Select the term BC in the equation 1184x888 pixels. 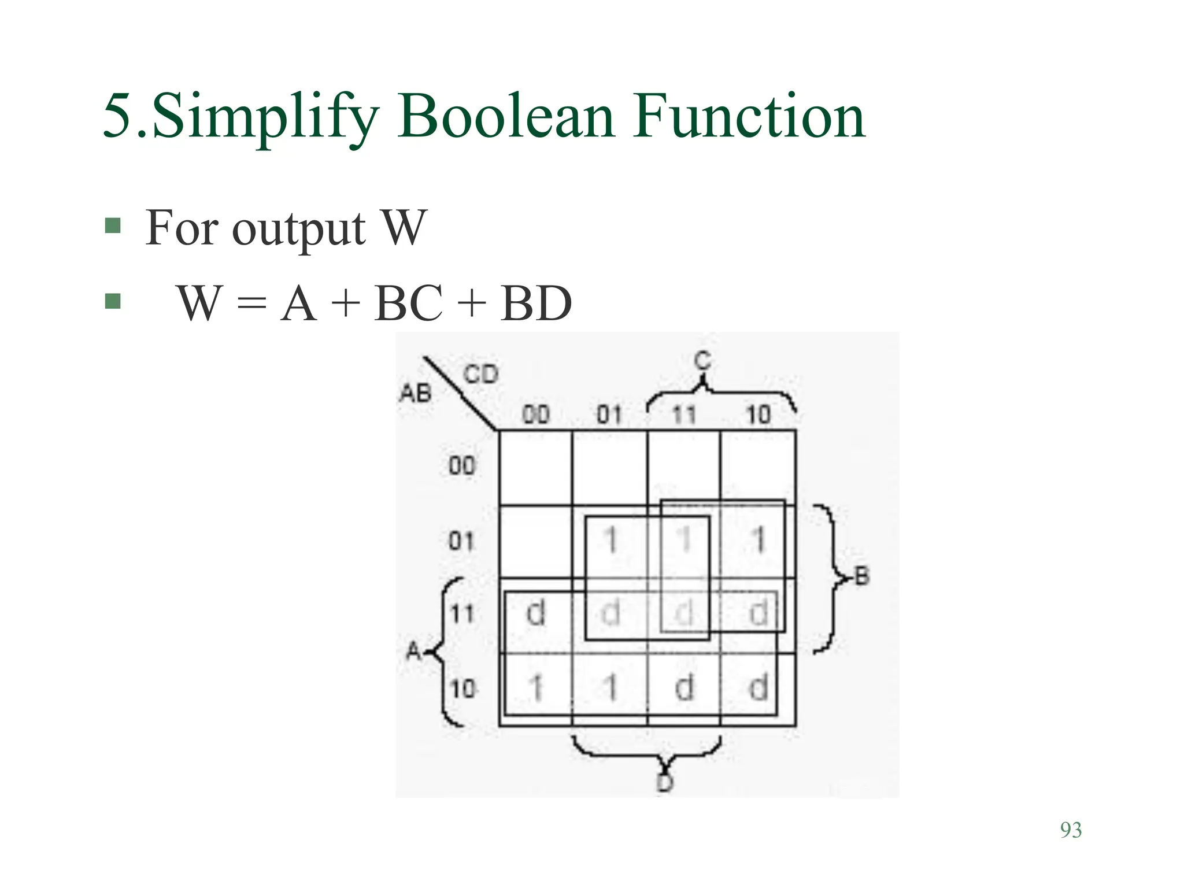point(408,303)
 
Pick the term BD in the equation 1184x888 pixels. point(536,303)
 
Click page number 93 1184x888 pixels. point(1071,830)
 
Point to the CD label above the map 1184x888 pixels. point(481,375)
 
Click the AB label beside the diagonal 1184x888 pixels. point(416,394)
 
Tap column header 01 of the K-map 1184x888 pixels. point(609,415)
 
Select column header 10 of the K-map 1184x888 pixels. point(758,415)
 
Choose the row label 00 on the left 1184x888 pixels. point(461,465)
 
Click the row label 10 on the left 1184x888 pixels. point(462,689)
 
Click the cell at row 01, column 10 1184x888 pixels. point(758,541)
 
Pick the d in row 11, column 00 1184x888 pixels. point(536,613)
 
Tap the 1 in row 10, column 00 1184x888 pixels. point(536,688)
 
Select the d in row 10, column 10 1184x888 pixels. point(758,688)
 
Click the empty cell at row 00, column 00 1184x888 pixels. point(535,467)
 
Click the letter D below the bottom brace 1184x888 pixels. point(665,783)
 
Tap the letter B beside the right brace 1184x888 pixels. point(861,576)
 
